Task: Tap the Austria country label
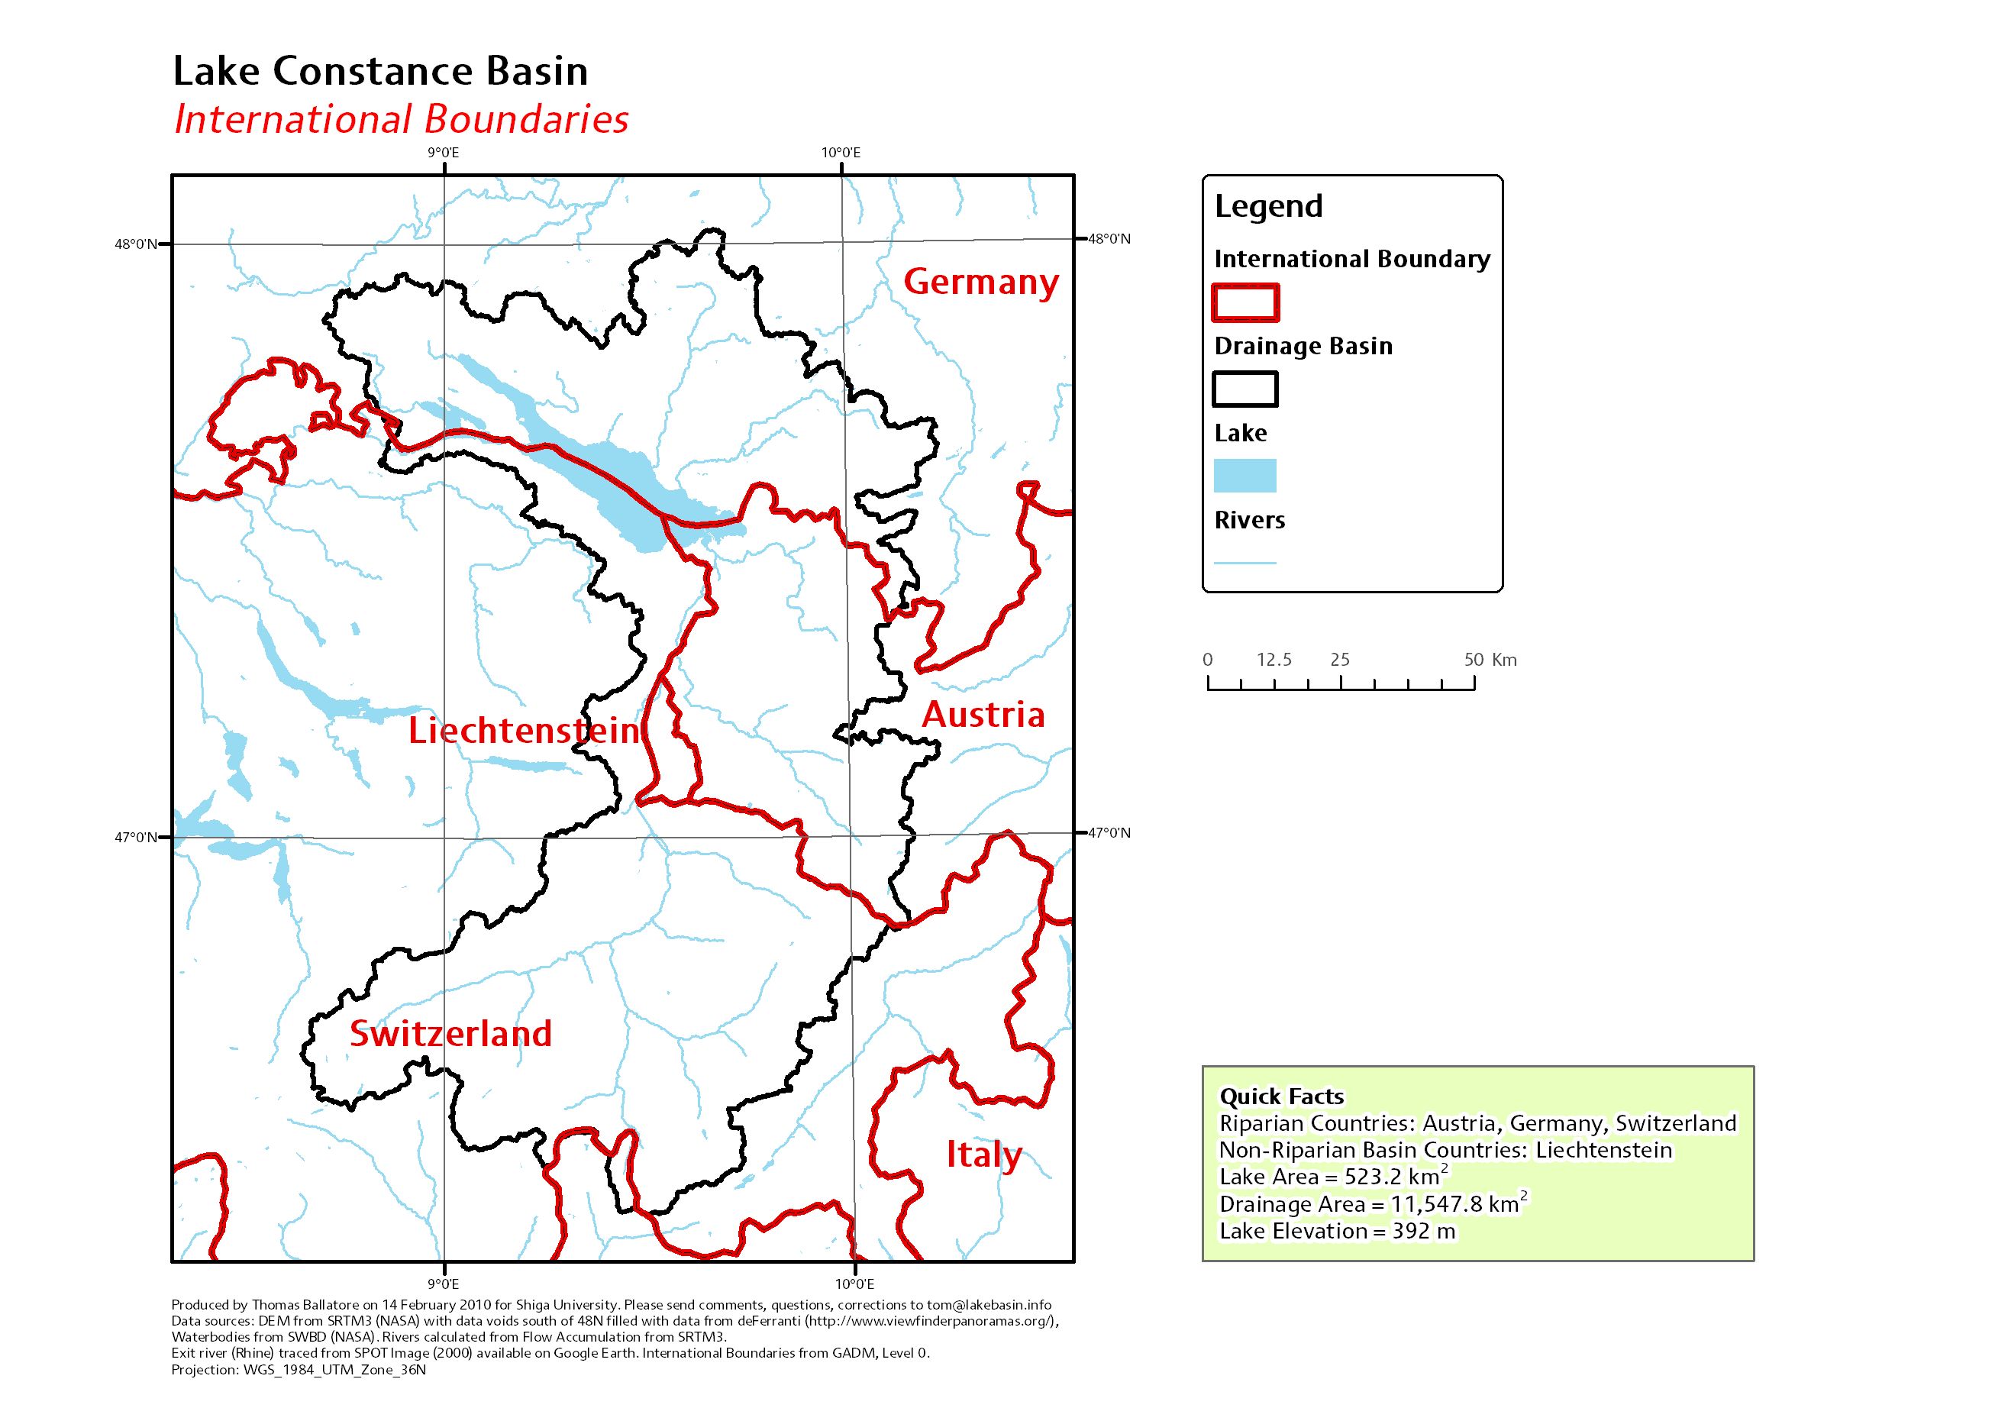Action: click(x=983, y=715)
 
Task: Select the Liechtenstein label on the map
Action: click(x=524, y=731)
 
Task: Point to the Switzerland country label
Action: click(x=450, y=1033)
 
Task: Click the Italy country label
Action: click(x=983, y=1155)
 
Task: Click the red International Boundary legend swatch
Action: click(x=1245, y=302)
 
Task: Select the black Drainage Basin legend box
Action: click(x=1245, y=389)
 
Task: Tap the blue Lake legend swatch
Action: click(x=1245, y=476)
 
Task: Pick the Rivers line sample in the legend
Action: click(x=1245, y=563)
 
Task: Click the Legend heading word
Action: click(x=1268, y=206)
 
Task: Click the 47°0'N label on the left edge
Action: click(x=136, y=838)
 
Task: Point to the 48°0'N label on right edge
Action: click(x=1109, y=239)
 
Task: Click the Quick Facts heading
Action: click(x=1281, y=1096)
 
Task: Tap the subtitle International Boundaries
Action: click(x=401, y=120)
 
